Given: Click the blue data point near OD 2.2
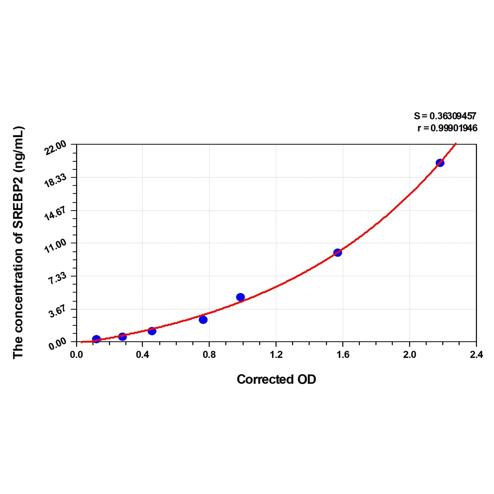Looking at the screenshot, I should tap(440, 163).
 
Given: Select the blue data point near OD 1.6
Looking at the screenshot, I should tap(338, 253).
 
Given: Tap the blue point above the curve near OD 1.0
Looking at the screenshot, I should tap(240, 297).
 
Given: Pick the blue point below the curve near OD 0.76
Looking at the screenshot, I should tap(203, 320).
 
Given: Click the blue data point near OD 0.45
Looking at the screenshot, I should tap(152, 331).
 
